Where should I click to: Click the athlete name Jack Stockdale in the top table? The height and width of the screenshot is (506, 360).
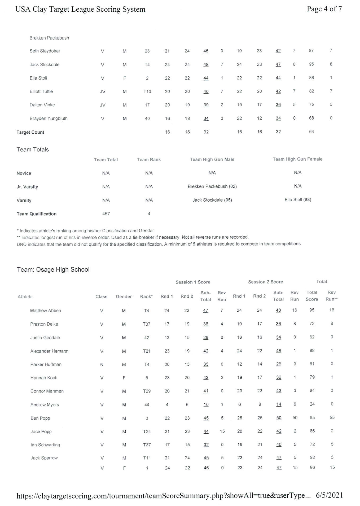(45, 64)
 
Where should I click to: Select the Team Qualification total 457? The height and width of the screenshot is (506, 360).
(106, 214)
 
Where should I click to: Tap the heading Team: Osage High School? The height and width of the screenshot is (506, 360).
(53, 270)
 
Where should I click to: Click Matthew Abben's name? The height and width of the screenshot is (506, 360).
(46, 311)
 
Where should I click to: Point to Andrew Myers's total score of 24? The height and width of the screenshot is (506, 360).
(312, 404)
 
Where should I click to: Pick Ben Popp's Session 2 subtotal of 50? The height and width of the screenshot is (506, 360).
(279, 418)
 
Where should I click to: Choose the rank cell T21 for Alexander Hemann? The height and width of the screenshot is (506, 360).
(147, 351)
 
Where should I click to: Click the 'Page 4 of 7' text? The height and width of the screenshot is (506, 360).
(324, 9)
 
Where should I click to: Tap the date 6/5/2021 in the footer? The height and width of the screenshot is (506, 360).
(329, 495)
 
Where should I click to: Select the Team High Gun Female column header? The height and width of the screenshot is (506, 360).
(298, 159)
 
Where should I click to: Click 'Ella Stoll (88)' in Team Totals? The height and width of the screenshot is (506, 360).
(298, 200)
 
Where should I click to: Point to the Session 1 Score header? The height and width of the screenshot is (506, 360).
(193, 282)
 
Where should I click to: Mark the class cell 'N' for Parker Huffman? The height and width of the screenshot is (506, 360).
(102, 365)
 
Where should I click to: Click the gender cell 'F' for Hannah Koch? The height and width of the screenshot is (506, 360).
(124, 378)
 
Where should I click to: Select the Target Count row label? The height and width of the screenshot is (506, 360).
(30, 132)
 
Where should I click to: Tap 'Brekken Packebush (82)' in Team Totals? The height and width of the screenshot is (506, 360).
(212, 186)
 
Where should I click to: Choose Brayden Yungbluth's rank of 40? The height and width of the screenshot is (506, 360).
(147, 119)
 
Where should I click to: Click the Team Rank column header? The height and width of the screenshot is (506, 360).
(149, 160)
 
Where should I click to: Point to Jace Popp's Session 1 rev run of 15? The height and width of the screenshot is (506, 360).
(222, 431)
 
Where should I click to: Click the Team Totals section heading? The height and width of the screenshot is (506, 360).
(33, 150)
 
